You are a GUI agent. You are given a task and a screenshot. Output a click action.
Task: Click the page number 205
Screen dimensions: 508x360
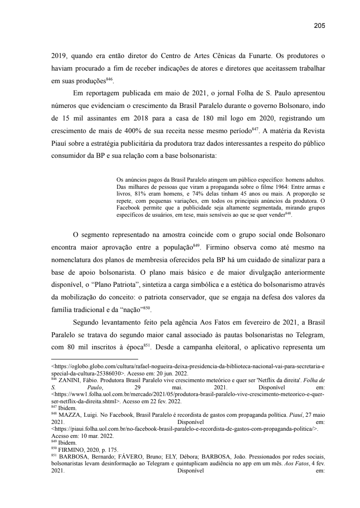coord(319,26)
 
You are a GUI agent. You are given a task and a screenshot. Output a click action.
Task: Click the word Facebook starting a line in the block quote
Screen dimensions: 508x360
coord(129,208)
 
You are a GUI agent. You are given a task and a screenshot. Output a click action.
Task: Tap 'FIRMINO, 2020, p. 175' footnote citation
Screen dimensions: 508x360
coord(79,448)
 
